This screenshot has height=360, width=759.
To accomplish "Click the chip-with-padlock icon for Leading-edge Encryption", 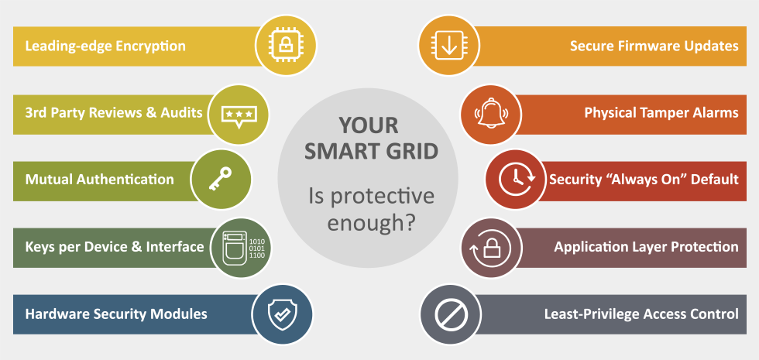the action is point(286,45).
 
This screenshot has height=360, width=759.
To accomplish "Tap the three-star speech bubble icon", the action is point(239,115).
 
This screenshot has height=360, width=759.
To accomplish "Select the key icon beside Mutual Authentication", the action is point(220,179).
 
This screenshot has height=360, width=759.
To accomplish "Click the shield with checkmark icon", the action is point(283,314).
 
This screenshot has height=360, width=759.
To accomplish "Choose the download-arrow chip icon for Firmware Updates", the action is point(448,45).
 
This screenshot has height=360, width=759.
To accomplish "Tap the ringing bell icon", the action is point(491,113).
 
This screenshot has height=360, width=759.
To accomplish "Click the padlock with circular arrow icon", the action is point(491,249).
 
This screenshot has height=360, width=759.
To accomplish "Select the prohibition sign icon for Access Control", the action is point(451,314).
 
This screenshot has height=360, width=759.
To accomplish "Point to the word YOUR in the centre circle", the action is point(369,125).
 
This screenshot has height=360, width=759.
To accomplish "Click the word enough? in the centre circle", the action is point(371,223).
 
